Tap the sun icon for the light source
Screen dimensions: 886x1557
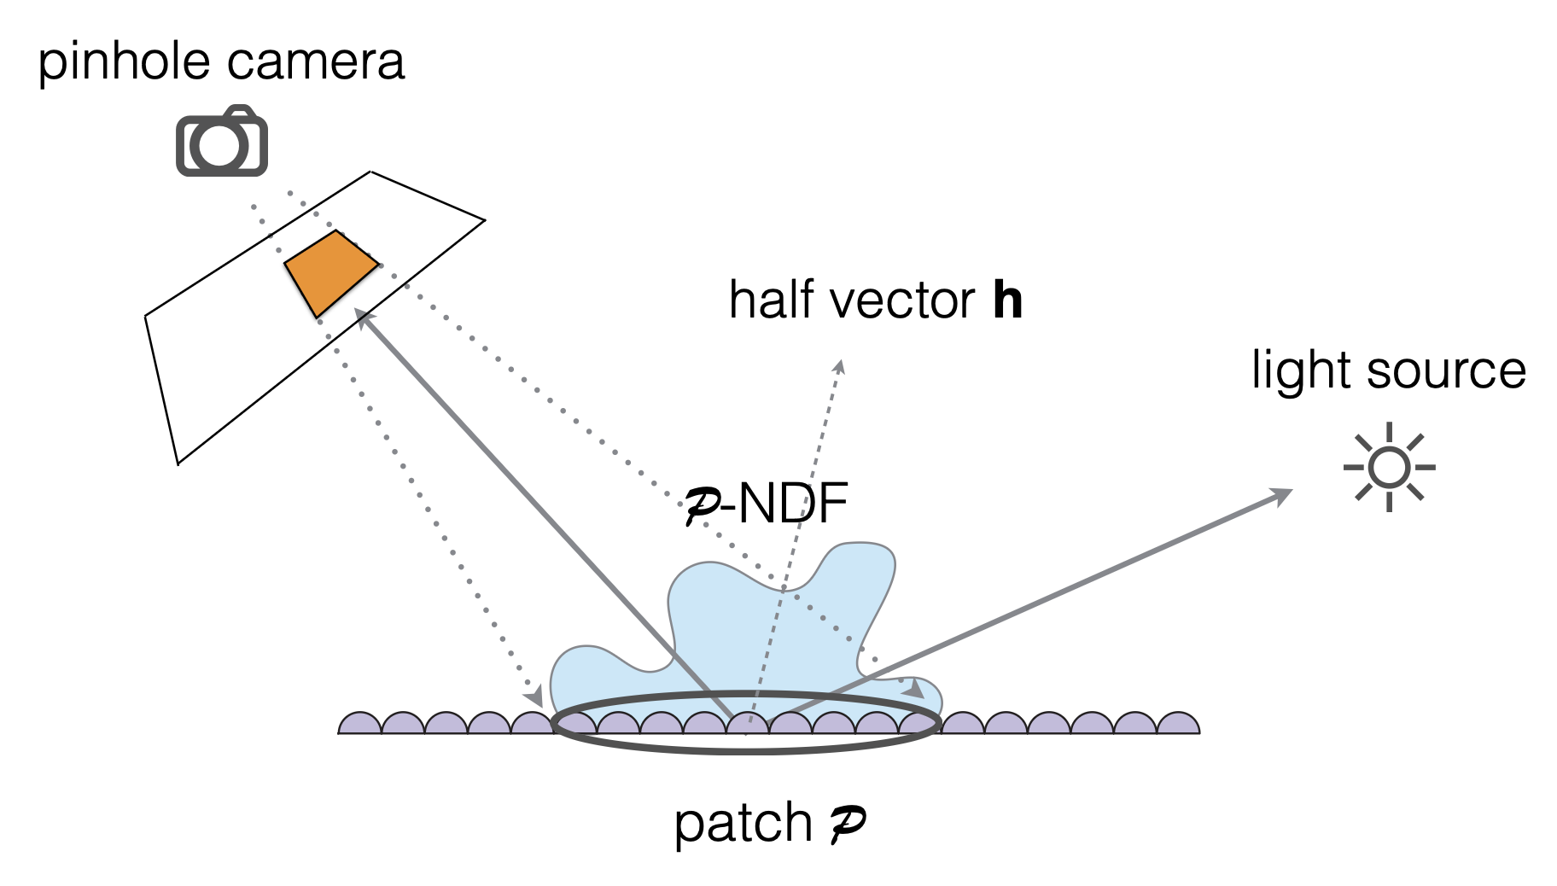point(1389,467)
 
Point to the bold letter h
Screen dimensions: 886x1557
point(1007,300)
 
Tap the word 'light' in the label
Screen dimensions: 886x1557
point(1302,370)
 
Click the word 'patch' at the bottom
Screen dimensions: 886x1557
point(742,824)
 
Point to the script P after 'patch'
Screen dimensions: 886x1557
point(847,822)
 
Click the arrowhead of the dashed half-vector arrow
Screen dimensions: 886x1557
point(840,366)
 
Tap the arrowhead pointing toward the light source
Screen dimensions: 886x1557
point(1283,494)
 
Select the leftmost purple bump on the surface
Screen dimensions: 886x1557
point(360,724)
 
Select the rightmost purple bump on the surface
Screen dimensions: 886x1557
point(1178,724)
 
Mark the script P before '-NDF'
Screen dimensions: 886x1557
point(702,506)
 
